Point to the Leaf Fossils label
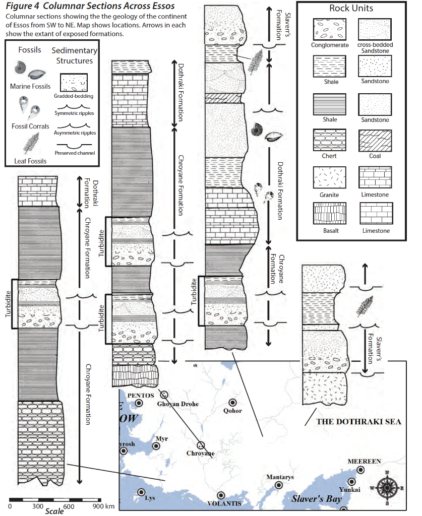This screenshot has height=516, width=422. pyautogui.click(x=28, y=161)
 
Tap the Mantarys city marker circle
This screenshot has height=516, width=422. pyautogui.click(x=279, y=485)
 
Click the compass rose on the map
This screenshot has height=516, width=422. pyautogui.click(x=387, y=487)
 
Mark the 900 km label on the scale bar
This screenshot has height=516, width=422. pyautogui.click(x=104, y=506)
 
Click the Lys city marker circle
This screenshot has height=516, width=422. pyautogui.click(x=141, y=492)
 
